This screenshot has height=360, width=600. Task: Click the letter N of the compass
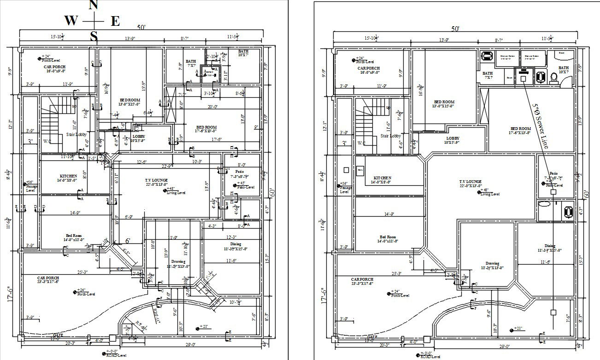click(93, 5)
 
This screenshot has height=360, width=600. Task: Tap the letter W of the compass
click(71, 21)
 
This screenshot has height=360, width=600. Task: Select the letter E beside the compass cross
click(115, 21)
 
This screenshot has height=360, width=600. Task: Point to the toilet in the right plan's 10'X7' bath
click(553, 78)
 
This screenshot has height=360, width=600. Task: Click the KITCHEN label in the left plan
click(68, 176)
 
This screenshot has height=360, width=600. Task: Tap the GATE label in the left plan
click(58, 335)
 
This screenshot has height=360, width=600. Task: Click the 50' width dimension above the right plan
click(455, 29)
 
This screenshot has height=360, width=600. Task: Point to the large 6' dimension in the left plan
click(128, 241)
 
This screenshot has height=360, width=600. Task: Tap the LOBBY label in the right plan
click(453, 138)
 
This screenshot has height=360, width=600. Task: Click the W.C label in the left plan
click(47, 142)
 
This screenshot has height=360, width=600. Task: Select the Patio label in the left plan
click(239, 171)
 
